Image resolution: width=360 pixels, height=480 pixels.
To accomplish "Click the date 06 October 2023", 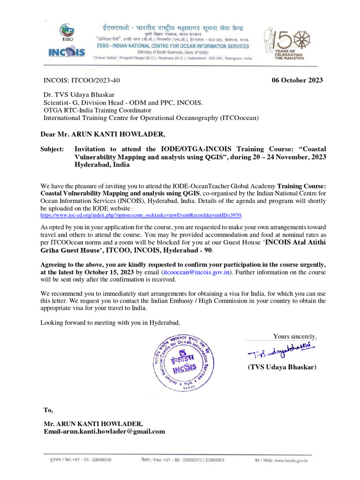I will pyautogui.click(x=297, y=80).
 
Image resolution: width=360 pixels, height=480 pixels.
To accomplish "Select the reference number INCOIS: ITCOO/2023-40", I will pyautogui.click(x=85, y=80).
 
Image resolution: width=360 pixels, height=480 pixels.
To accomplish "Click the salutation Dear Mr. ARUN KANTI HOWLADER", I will pyautogui.click(x=103, y=135).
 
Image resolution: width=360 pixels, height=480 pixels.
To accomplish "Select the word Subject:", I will pyautogui.click(x=52, y=149).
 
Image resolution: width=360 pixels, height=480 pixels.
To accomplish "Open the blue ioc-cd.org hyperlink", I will pyautogui.click(x=141, y=215).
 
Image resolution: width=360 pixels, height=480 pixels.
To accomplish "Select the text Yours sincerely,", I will pyautogui.click(x=295, y=336).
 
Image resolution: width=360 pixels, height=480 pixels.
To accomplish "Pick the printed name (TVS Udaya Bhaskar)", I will pyautogui.click(x=282, y=367).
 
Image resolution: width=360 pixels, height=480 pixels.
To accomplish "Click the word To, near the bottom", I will pyautogui.click(x=48, y=410).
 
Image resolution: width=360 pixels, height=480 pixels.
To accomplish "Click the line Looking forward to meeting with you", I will pyautogui.click(x=110, y=322).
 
